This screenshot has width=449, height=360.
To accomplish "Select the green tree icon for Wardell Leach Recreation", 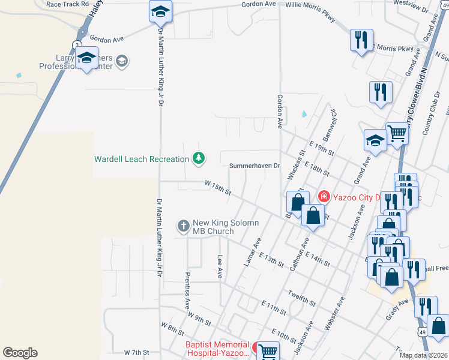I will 199,159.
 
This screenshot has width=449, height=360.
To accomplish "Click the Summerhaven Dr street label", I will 255,166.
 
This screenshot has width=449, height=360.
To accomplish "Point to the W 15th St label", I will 218,188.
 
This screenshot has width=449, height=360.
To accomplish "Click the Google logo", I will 20,352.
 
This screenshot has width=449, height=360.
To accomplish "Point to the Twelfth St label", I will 301,296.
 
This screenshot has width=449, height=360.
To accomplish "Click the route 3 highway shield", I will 77,44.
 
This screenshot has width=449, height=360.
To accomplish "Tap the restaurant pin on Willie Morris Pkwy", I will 361,40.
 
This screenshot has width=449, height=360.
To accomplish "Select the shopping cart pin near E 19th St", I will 397,133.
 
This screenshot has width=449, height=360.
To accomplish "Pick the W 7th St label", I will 136,352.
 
